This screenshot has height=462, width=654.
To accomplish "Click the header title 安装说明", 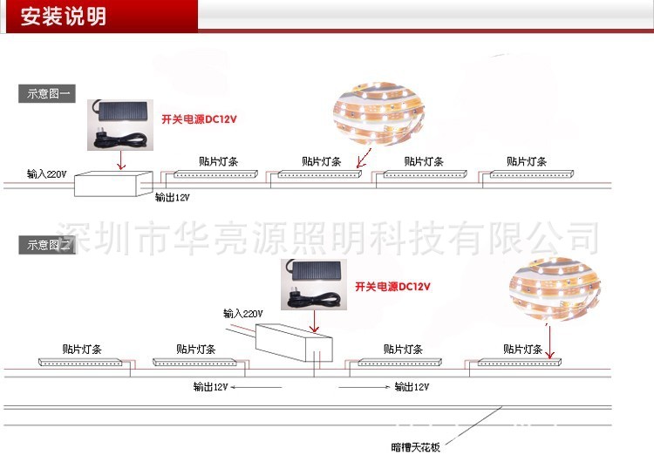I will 63,17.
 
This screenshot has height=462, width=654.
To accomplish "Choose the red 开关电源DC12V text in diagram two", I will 392,286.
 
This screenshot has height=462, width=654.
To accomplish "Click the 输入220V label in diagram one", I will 46,174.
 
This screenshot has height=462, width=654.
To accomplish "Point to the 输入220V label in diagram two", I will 242,313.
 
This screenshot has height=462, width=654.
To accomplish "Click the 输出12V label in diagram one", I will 172,197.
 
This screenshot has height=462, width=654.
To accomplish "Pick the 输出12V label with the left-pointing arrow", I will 211,385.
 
